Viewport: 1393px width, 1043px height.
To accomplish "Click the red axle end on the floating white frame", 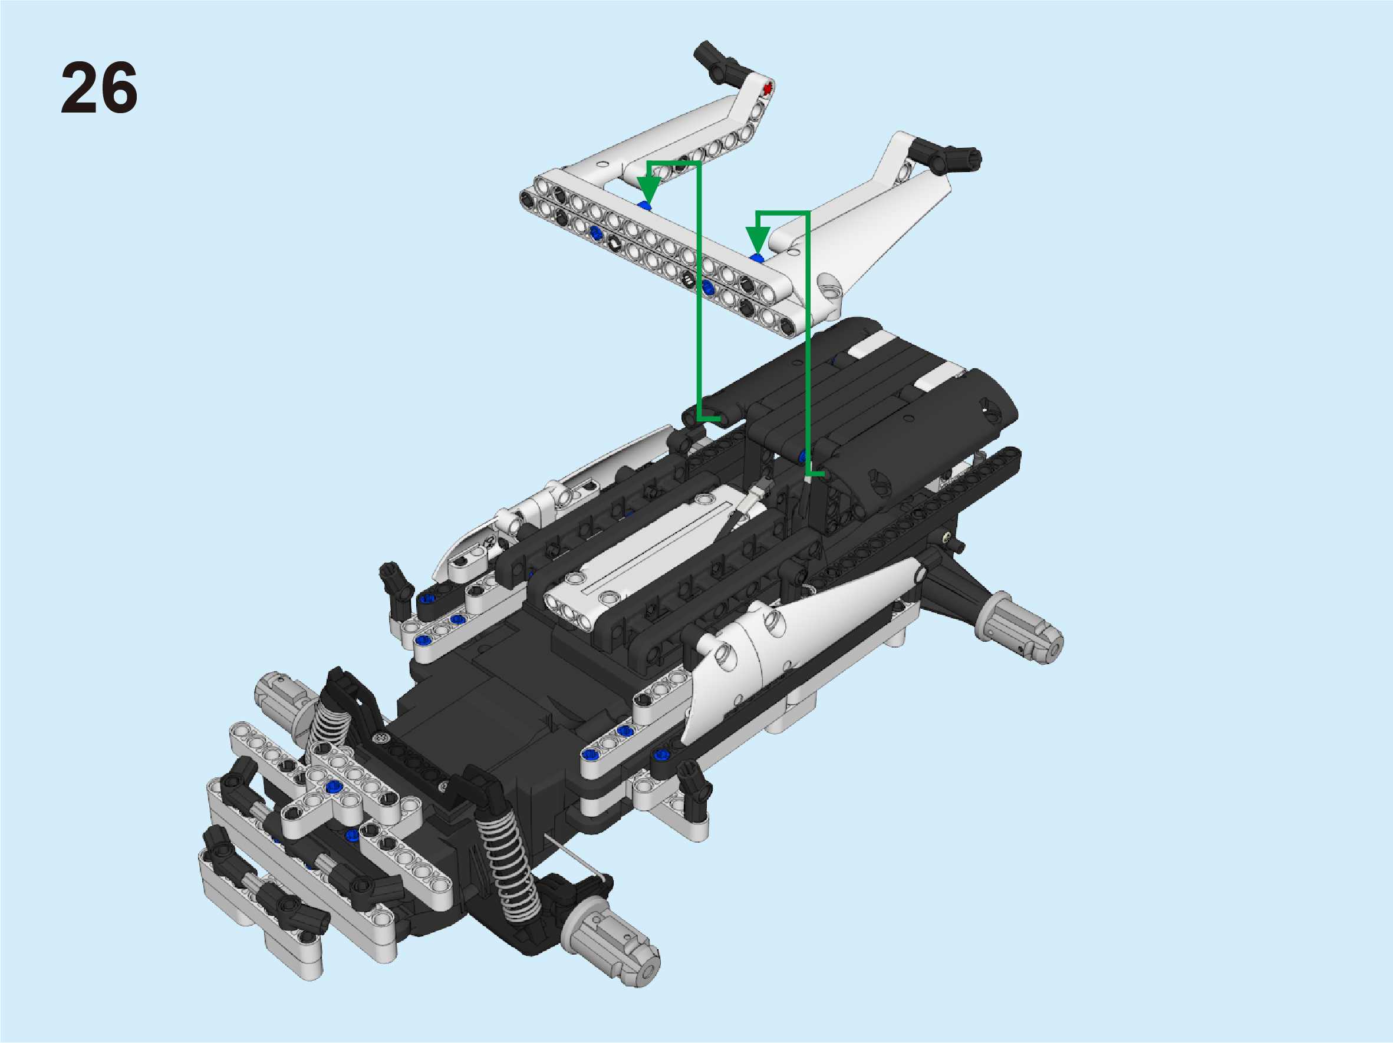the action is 767,90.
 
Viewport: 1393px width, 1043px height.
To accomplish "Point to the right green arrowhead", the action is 758,240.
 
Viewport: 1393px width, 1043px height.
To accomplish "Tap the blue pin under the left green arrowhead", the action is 644,206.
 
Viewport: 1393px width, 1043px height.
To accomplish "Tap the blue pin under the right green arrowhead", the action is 757,258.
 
